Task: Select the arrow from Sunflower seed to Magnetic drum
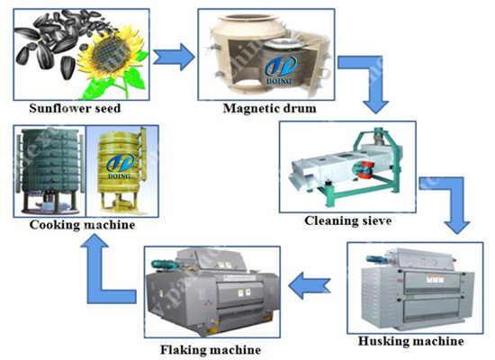174,58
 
